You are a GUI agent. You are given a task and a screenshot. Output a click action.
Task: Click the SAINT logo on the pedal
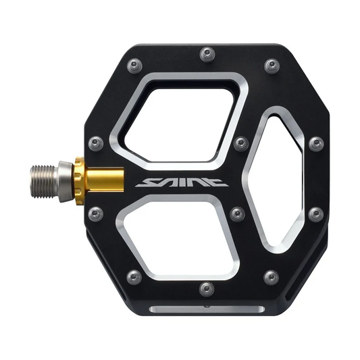(181, 182)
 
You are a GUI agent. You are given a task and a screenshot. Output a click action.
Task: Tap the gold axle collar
(100, 180)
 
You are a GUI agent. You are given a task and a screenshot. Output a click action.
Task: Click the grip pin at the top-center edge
(207, 53)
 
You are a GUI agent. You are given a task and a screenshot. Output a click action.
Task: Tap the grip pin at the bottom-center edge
(207, 289)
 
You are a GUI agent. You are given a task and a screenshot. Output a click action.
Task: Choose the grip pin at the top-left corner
(135, 66)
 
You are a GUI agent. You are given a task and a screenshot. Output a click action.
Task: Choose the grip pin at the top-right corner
(272, 66)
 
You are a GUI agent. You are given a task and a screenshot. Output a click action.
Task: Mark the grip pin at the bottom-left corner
(134, 277)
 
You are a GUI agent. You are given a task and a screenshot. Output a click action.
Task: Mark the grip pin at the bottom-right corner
(271, 277)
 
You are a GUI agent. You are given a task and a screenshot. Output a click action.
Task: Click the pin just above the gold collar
(96, 143)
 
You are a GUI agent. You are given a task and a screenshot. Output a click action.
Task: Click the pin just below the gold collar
(96, 214)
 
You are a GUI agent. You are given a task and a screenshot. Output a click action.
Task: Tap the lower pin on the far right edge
(315, 214)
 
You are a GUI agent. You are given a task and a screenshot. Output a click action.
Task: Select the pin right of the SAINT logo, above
(240, 143)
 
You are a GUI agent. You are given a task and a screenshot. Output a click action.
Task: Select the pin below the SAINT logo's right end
(237, 214)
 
